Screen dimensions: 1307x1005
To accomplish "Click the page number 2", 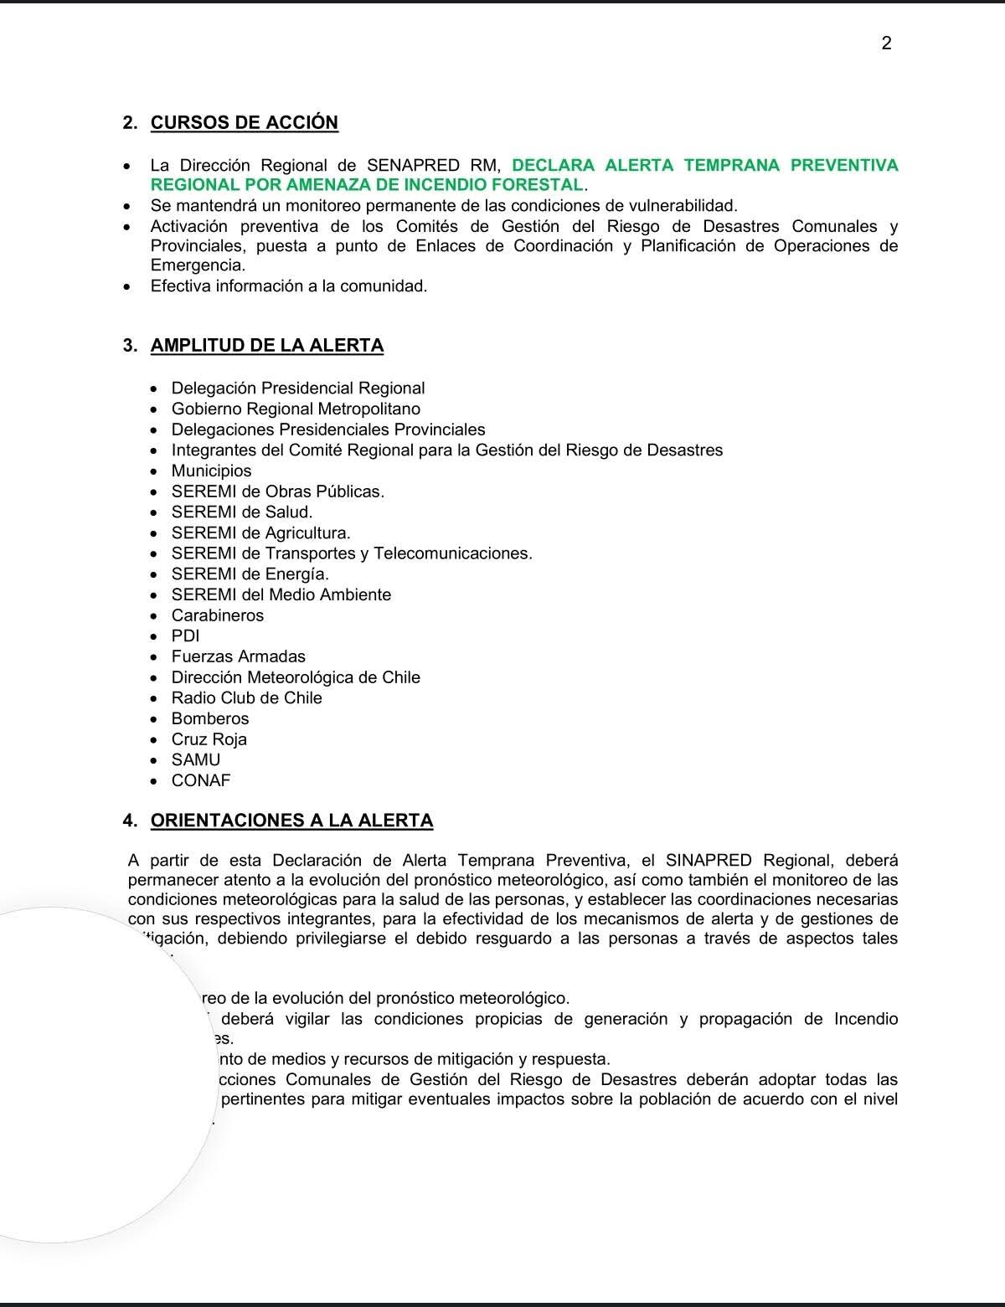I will pyautogui.click(x=887, y=44).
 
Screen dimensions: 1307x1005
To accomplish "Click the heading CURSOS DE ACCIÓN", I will pyautogui.click(x=244, y=122).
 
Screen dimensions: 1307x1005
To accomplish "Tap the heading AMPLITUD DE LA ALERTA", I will pyautogui.click(x=267, y=345).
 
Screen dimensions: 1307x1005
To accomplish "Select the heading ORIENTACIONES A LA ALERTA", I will pyautogui.click(x=291, y=821).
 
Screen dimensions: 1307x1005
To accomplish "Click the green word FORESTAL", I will pyautogui.click(x=541, y=184).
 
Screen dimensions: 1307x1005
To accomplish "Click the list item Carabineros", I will pyautogui.click(x=217, y=615).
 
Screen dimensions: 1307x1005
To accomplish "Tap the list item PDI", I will pyautogui.click(x=185, y=635).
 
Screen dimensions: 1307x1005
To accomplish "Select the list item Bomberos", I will pyautogui.click(x=210, y=718).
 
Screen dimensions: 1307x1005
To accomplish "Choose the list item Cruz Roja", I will pyautogui.click(x=209, y=739).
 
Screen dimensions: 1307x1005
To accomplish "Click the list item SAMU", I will pyautogui.click(x=195, y=759).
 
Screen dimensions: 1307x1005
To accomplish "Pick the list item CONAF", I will pyautogui.click(x=200, y=780).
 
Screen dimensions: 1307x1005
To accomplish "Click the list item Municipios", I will pyautogui.click(x=211, y=471).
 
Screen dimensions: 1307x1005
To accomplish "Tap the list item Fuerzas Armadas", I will pyautogui.click(x=238, y=656).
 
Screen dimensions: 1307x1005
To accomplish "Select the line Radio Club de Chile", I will pyautogui.click(x=246, y=697).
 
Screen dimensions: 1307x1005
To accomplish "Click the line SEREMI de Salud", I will pyautogui.click(x=241, y=512).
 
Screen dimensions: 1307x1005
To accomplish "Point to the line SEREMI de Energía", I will pyautogui.click(x=250, y=574).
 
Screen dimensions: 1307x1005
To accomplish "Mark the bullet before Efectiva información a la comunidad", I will pyautogui.click(x=126, y=286).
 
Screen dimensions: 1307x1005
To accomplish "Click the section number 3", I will pyautogui.click(x=129, y=346).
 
